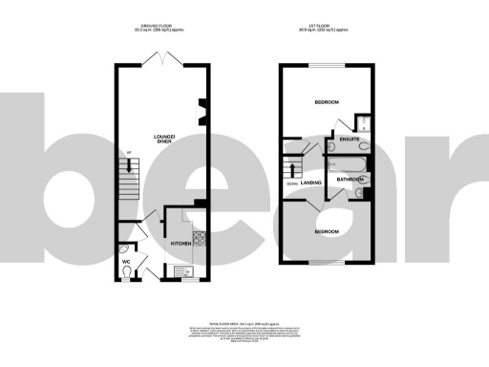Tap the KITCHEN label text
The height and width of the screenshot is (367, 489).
pos(181,244)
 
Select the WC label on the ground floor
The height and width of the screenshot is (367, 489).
pos(125,261)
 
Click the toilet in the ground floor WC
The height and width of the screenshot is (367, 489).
pos(127,275)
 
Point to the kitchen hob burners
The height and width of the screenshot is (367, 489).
pos(200,239)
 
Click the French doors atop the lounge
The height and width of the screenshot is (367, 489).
pos(167,61)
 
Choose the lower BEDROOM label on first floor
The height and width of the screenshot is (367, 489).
pos(327,231)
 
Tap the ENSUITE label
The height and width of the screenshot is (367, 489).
pos(350,140)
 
